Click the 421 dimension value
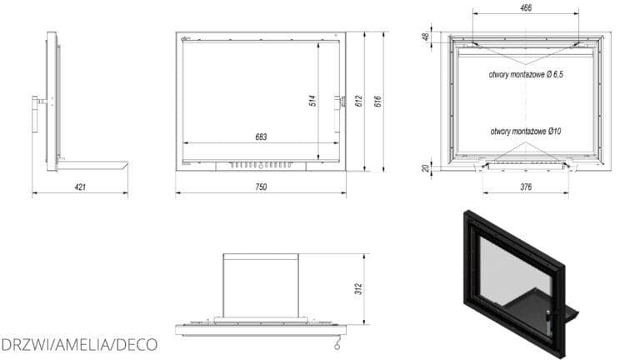pos(80,187)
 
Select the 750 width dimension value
pos(261,187)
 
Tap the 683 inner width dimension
pos(261,137)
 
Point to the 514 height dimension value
pos(312,100)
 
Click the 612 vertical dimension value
pos(359,101)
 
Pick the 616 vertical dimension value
pos(378,101)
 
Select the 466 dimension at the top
pos(526,7)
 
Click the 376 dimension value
pos(526,187)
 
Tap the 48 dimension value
pos(426,37)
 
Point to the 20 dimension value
pos(426,168)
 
